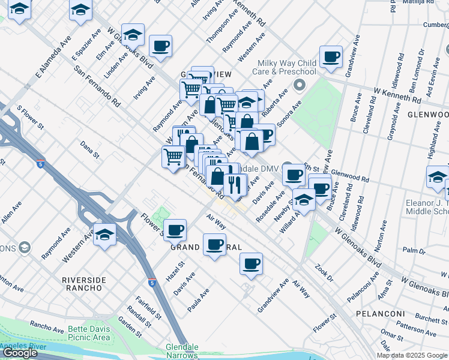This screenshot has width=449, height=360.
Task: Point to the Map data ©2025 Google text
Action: tap(412, 355)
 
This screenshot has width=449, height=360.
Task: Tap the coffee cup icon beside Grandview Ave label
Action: tap(251, 263)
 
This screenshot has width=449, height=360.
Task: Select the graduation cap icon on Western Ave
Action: tap(104, 233)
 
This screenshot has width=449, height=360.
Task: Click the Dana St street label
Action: tap(89, 150)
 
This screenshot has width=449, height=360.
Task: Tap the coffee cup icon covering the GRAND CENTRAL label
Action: tap(214, 244)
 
